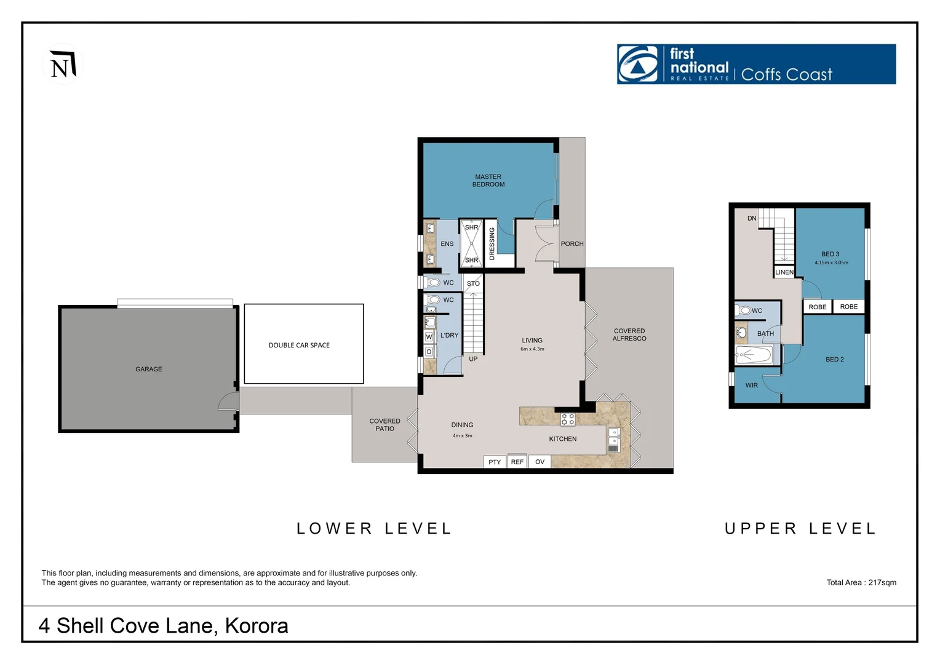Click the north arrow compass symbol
coord(62,65)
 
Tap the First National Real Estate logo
coord(756,64)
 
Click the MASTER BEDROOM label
coord(488,181)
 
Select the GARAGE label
coord(149,370)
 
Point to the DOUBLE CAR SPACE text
coord(299,346)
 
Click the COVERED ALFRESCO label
coord(629,335)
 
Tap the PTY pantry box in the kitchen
coord(495,462)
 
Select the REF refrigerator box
coord(517,462)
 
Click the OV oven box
coord(540,462)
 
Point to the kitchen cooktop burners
coord(568,419)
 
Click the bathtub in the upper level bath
coord(754,355)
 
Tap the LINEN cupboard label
coord(784,272)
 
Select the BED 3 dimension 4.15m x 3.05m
coord(831,263)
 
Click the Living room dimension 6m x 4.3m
coord(532,349)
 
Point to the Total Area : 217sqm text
coord(861,583)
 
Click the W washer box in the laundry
coord(429,337)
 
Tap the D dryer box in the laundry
coord(429,352)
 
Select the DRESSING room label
coord(492,243)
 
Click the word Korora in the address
coord(257,626)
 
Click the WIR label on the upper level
coord(752,385)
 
